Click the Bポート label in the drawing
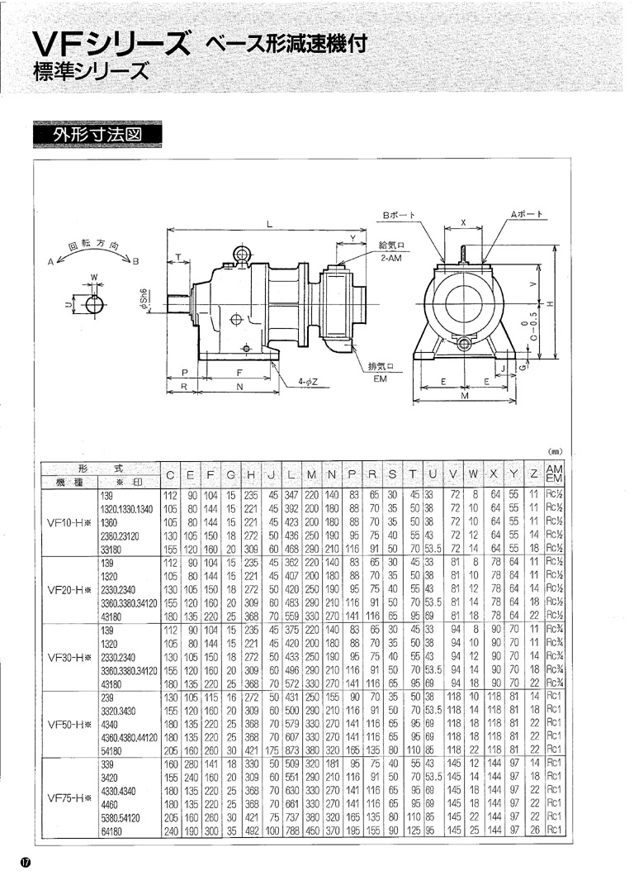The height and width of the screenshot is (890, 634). [x=400, y=215]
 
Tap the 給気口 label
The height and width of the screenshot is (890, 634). [x=389, y=245]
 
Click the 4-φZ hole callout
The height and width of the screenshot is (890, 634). [x=310, y=383]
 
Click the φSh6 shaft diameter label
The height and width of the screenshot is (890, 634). [x=143, y=297]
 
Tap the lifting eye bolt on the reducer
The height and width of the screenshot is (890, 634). [x=242, y=254]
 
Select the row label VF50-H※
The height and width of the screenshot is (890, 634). [x=71, y=726]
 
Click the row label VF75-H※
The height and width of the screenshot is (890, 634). [x=71, y=799]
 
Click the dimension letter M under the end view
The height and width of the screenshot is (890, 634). [x=466, y=396]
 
